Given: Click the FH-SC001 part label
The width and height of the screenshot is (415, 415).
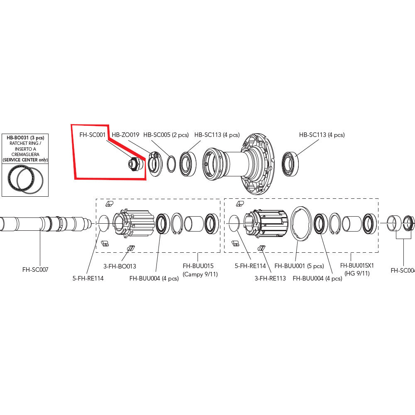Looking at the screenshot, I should click(92, 135).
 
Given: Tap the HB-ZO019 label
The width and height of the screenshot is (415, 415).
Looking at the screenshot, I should click(125, 135).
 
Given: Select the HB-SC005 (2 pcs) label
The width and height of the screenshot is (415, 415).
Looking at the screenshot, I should click(166, 135).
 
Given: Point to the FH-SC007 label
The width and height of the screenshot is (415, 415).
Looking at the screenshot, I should click(35, 270).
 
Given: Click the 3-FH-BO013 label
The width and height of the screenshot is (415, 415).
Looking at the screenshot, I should click(120, 266).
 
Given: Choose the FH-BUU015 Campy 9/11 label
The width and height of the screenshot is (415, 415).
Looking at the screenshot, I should click(198, 269).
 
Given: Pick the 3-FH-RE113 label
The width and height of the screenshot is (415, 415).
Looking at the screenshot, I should click(270, 278).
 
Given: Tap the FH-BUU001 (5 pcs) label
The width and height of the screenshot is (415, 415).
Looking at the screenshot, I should click(299, 266).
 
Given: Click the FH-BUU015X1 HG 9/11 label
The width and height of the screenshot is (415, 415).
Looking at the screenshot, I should click(357, 269).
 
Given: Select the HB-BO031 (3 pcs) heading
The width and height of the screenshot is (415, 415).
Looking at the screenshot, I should click(25, 137).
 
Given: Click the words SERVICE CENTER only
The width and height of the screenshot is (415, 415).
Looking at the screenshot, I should click(25, 159).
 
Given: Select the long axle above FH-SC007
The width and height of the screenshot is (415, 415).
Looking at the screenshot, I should click(41, 224).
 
